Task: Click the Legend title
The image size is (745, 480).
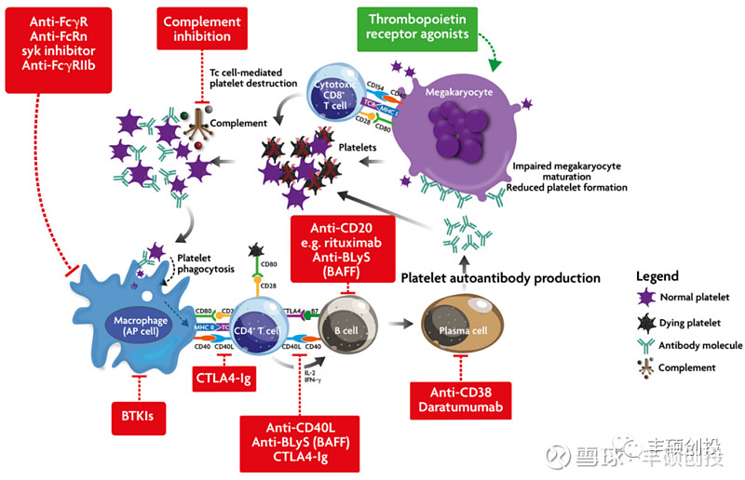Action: click(x=657, y=276)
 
